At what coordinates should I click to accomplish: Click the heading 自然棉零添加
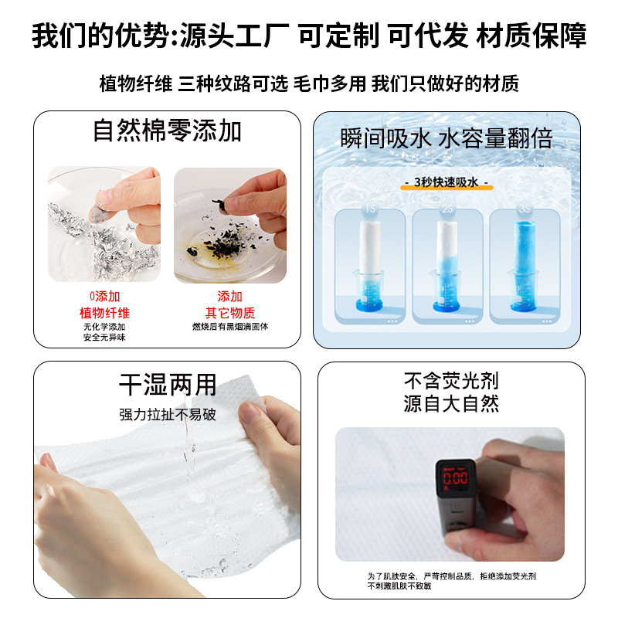pos(167,131)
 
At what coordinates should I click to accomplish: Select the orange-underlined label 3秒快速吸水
pos(447,183)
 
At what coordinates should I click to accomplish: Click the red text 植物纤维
pos(104,313)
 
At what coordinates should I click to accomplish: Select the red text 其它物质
pos(229,313)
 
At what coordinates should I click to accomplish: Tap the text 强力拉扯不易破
pos(167,415)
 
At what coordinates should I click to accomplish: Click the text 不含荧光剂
pos(451,381)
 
